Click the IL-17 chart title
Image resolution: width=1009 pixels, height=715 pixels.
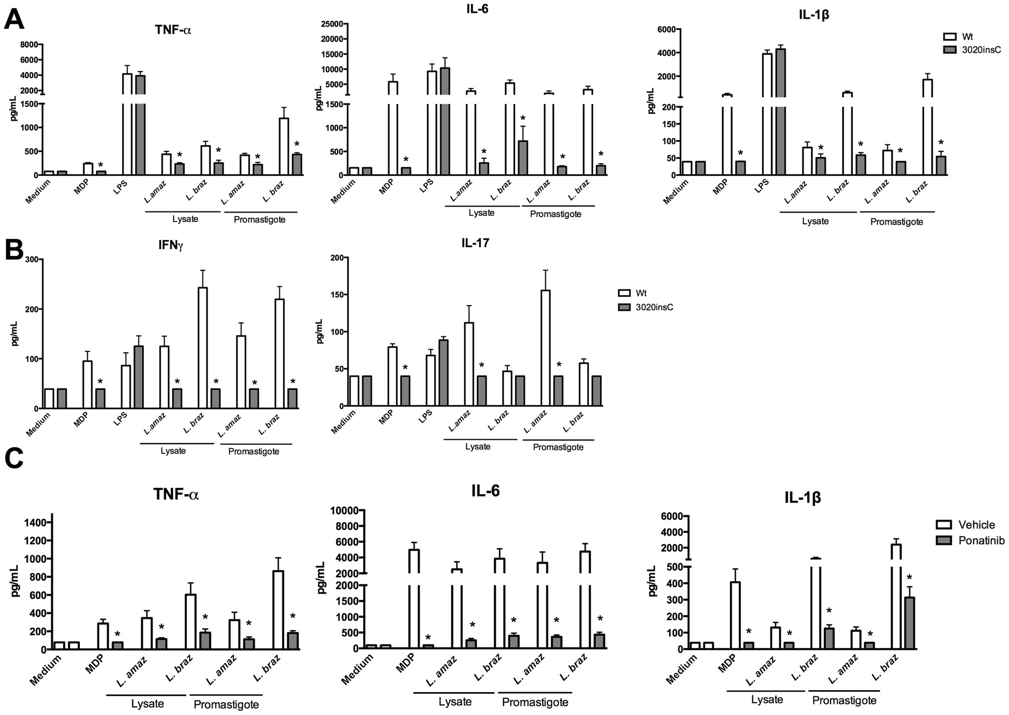(475, 243)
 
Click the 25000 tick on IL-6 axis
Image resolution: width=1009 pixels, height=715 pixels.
(328, 23)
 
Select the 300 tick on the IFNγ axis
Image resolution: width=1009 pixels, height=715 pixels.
(31, 259)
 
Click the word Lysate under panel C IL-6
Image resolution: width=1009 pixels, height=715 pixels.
(455, 702)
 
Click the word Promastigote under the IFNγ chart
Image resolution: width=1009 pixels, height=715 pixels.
(253, 452)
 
